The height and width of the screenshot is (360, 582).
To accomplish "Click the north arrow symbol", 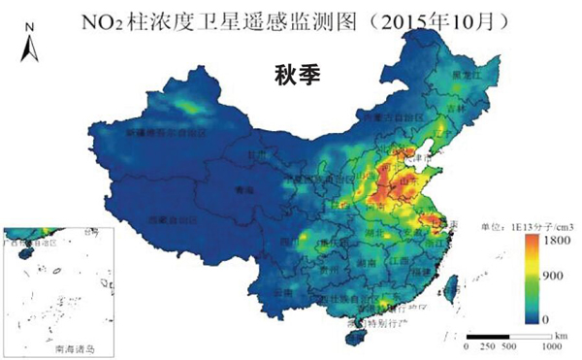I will (x=29, y=48).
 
